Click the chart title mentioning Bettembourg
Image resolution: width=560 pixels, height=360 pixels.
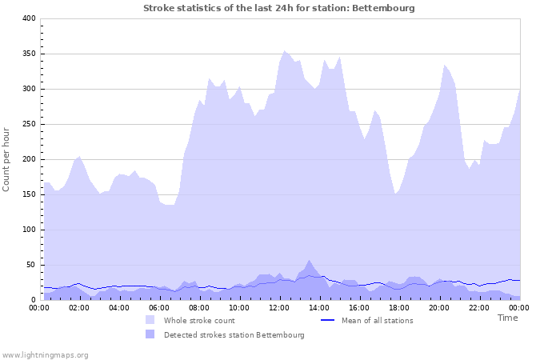coord(279,8)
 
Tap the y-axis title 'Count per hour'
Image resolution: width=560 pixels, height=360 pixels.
coord(7,159)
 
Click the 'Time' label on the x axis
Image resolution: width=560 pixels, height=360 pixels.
coord(507,318)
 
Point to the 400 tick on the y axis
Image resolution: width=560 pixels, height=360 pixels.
coord(28,18)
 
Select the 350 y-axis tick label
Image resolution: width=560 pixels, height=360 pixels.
coord(28,54)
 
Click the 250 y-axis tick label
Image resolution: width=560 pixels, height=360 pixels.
coord(28,124)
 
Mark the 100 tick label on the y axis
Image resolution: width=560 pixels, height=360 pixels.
coord(28,230)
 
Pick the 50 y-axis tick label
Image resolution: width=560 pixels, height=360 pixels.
coord(30,265)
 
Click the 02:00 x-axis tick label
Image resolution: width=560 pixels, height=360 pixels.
coord(79,308)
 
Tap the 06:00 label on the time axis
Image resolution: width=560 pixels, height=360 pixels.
coord(159,308)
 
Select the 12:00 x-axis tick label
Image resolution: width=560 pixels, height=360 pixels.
coord(279,308)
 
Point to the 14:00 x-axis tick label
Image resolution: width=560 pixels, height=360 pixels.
coord(319,308)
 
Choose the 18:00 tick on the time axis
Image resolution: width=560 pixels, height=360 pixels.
coord(399,308)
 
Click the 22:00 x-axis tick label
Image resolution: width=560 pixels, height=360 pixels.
coord(479,308)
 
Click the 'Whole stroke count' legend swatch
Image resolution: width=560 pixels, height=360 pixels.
coord(150,320)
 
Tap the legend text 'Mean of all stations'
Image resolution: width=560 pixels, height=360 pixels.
coord(377,321)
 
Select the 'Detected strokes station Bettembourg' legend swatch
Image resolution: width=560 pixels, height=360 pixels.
coord(150,334)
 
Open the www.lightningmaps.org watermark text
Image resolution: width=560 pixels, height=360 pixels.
coord(45,354)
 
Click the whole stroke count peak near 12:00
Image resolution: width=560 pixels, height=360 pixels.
coord(284,51)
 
